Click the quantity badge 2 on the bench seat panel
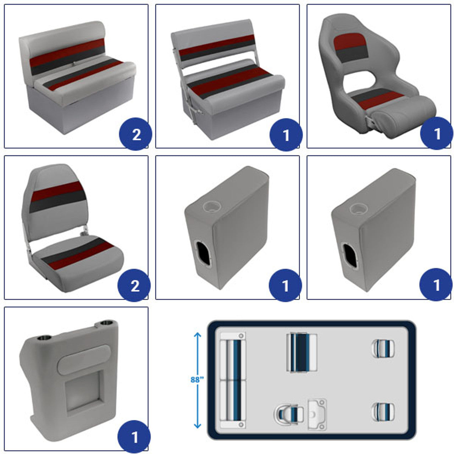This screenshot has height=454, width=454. (136, 134)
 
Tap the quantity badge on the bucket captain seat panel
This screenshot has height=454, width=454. (436, 133)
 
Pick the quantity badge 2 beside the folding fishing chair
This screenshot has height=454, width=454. (134, 285)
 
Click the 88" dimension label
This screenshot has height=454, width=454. (197, 380)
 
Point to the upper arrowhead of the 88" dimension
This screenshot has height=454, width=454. (198, 335)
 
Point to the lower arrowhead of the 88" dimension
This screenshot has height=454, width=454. (198, 425)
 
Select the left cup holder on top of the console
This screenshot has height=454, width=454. (44, 338)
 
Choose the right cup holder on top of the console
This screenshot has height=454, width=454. (107, 323)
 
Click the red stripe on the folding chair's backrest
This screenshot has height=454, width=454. (57, 191)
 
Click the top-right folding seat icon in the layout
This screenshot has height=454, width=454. (383, 348)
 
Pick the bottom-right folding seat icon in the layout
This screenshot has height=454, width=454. (383, 412)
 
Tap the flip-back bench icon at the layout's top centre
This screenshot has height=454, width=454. (301, 353)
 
